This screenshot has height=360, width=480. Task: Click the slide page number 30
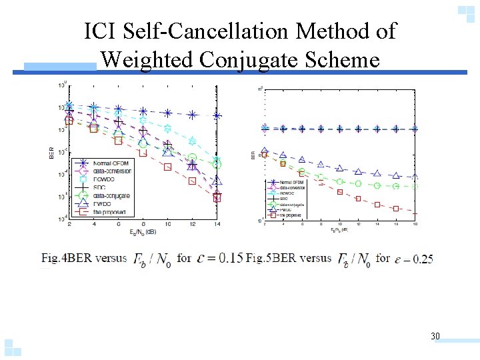point(435,336)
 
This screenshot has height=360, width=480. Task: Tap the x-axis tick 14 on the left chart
point(217,224)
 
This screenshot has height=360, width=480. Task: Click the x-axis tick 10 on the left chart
point(167,224)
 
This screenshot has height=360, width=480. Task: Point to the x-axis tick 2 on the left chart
point(69,224)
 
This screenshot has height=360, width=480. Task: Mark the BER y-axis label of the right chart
point(253,154)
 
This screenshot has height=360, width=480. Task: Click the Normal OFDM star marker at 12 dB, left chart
point(192,115)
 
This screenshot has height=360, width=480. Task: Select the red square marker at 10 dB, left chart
point(167,167)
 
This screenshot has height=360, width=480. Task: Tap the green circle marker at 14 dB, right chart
point(377,185)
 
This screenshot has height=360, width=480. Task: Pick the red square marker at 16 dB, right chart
point(396,208)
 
